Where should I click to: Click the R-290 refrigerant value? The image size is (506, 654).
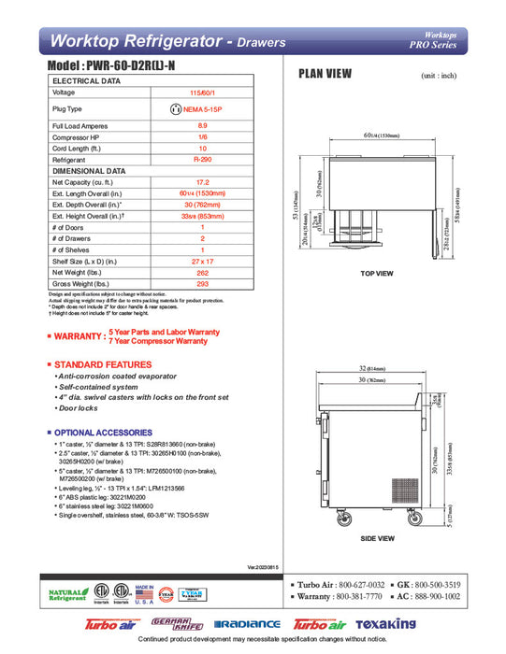click(x=203, y=161)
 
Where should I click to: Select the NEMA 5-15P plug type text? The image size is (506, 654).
click(x=208, y=108)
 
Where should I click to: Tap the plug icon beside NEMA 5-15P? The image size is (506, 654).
click(x=175, y=108)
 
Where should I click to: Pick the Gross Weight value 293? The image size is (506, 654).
click(x=203, y=283)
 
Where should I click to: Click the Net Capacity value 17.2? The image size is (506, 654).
click(x=203, y=184)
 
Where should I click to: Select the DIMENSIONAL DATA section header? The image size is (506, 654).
click(x=89, y=172)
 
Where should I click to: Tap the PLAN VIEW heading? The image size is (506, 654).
click(x=325, y=74)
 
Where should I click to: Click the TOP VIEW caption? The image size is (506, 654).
click(x=377, y=273)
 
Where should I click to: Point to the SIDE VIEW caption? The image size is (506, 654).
click(x=377, y=539)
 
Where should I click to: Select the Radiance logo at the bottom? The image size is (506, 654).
click(x=247, y=624)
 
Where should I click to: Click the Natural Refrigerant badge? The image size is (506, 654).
click(x=65, y=594)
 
